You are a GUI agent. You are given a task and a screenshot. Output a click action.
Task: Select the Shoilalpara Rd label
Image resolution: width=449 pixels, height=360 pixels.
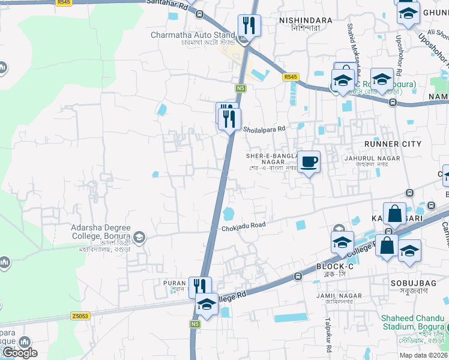coord(264,128)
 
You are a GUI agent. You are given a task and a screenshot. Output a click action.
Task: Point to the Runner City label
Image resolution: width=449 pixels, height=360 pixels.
coord(393,144)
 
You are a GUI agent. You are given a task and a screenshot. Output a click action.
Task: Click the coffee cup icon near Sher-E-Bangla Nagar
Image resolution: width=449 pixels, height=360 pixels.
coord(309,161)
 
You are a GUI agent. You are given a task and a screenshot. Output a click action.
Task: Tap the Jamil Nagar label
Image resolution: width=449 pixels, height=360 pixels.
coord(343,295)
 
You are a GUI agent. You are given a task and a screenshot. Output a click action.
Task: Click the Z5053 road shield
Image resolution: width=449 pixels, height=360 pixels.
coord(80,316)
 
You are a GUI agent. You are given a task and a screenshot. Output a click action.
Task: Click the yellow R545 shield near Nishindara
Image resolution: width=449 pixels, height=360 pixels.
coord(291,77)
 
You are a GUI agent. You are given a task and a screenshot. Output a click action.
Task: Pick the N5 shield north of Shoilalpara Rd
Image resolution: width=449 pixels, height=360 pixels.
coord(240,89)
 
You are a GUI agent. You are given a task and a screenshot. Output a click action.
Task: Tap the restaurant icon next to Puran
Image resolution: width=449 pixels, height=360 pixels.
coord(200,286)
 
